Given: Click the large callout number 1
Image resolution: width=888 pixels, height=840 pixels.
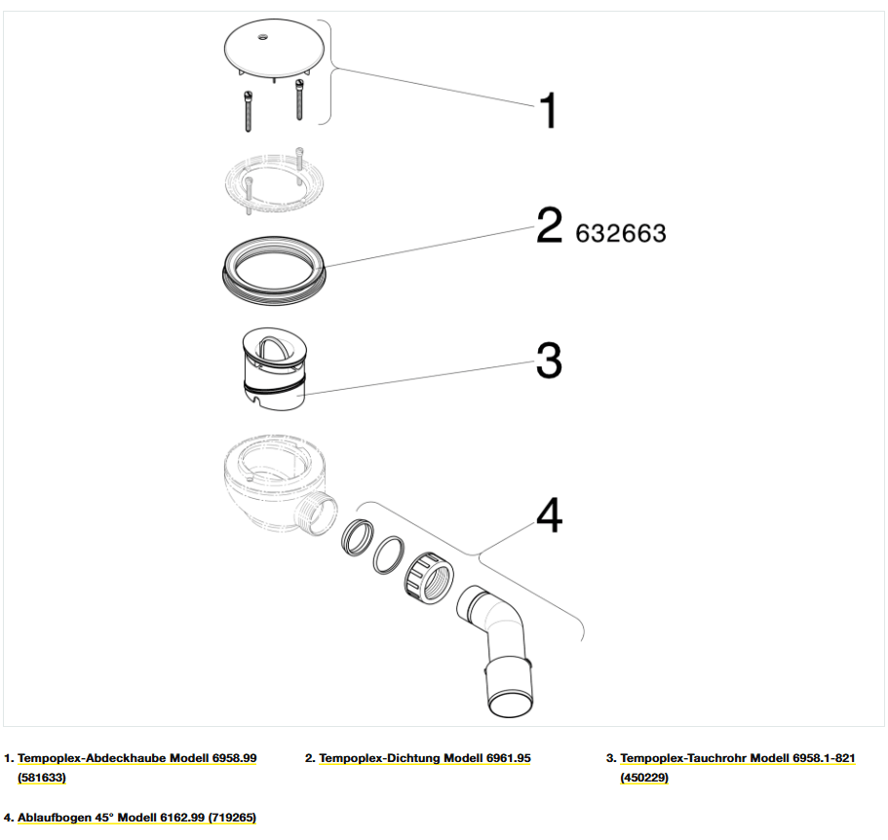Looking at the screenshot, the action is coord(548,110).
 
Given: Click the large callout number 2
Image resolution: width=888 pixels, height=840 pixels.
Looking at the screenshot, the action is coord(550,225).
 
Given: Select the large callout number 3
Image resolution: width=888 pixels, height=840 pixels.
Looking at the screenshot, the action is coord(550,360).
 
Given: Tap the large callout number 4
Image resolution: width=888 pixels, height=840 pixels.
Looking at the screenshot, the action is coord(550,515).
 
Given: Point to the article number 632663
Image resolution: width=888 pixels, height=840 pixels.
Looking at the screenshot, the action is coord(621,233).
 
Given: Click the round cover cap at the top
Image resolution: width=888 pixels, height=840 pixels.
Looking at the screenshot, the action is coord(274,50).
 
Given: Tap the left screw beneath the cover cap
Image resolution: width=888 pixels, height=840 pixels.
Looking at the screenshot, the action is coord(248,111).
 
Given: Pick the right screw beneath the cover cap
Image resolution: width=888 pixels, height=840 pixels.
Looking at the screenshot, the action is coord(299,99).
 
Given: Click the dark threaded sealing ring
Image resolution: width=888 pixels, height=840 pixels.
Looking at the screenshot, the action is coord(274,271).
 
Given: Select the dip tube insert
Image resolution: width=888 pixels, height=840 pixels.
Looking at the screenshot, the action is coord(274,368).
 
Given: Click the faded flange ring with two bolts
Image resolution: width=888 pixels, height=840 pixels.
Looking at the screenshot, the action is coord(274,181).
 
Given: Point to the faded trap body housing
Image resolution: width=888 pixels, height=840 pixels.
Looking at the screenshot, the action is coord(281,484).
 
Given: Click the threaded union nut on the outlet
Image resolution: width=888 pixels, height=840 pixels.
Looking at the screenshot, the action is coord(429,575).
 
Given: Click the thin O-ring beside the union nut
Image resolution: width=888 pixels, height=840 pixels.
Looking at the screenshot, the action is coord(389,554).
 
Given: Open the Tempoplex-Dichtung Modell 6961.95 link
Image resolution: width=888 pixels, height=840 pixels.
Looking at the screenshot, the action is coord(425,758).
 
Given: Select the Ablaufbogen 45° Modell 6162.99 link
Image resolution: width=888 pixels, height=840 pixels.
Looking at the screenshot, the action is coord(136,818).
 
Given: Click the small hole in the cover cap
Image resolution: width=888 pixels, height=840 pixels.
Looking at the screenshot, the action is coord(262,37).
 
